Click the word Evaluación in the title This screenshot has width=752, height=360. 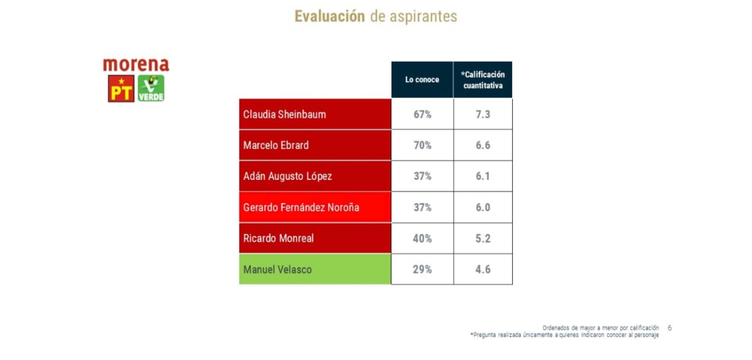pos(330,17)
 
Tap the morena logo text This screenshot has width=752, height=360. pos(136,65)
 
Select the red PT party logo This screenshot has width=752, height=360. pos(121,89)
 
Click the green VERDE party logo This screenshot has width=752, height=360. pos(151,89)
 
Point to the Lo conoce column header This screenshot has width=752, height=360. pos(422,80)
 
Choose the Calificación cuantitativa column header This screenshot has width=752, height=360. pos(483,80)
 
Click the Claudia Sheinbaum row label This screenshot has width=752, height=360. pos(284,114)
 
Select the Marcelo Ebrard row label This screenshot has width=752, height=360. pos(276,145)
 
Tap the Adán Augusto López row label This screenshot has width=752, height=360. pos(287,176)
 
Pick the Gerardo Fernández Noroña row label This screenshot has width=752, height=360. pos(301,208)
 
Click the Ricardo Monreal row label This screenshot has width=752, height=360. pos(278,239)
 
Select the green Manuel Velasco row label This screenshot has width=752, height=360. pos(277,269)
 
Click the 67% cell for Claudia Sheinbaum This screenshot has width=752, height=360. pos(422,114)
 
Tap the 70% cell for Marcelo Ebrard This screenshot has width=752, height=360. pos(422,145)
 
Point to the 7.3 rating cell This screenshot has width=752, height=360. pos(483,114)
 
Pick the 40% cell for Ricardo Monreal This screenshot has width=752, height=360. pos(422,239)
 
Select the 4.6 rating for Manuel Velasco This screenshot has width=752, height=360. pos(483,269)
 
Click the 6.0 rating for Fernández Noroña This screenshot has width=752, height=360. pos(483,208)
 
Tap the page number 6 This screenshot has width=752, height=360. pos(670,328)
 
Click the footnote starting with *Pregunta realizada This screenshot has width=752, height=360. pos(564,335)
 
